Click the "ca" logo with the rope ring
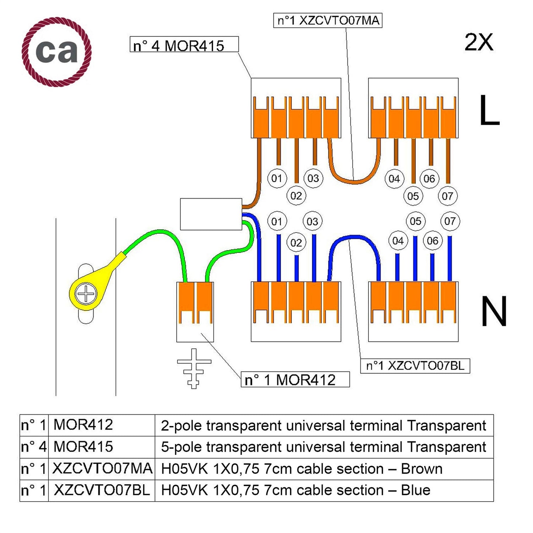[56, 52]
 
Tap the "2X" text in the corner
[478, 42]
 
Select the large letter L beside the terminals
[489, 110]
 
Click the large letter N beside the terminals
[494, 312]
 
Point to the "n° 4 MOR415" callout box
[184, 45]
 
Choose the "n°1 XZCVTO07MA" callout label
[328, 20]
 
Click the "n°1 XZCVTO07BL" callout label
[415, 366]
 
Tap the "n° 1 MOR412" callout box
[295, 379]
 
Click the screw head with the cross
[86, 294]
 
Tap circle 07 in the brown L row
[447, 196]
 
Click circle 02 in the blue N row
[296, 243]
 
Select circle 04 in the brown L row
[394, 179]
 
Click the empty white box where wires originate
[211, 214]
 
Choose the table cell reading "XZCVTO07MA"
[102, 469]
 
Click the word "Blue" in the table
[415, 490]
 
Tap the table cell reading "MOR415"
[83, 447]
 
